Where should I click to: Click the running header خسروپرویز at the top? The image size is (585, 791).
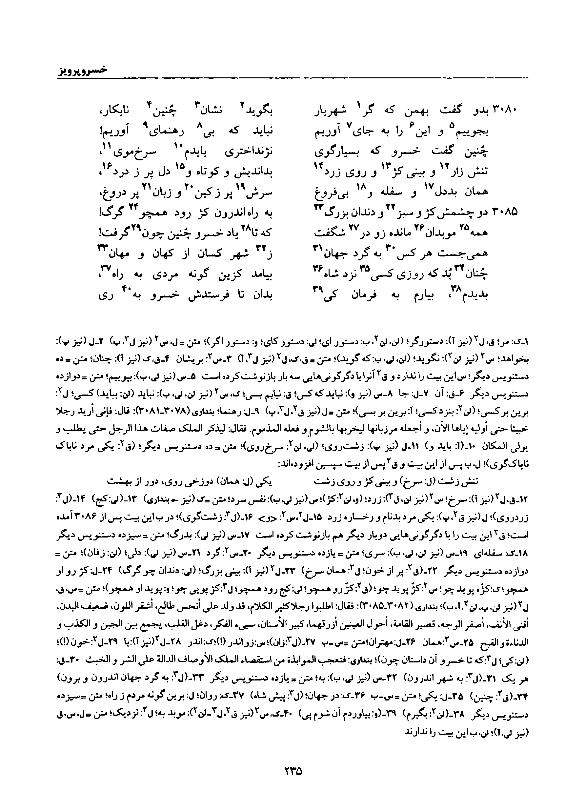click(x=82, y=70)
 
